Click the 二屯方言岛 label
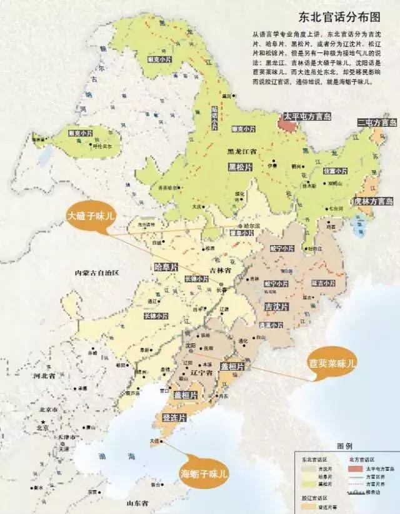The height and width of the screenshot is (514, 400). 376,123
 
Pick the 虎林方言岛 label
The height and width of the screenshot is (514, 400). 372,201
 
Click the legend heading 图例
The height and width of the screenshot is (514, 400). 344,446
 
